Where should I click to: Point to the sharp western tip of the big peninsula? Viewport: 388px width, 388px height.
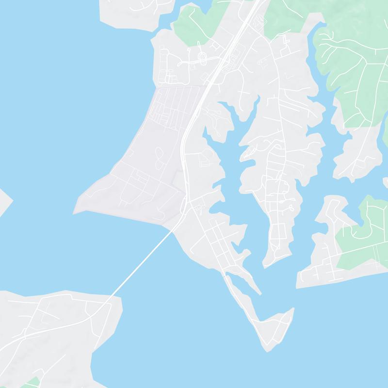pos(74,212)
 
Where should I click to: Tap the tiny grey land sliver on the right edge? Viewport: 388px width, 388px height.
pos(386,182)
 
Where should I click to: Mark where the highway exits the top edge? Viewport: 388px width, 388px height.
pos(256,1)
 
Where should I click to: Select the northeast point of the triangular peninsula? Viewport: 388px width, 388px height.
pos(292,308)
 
